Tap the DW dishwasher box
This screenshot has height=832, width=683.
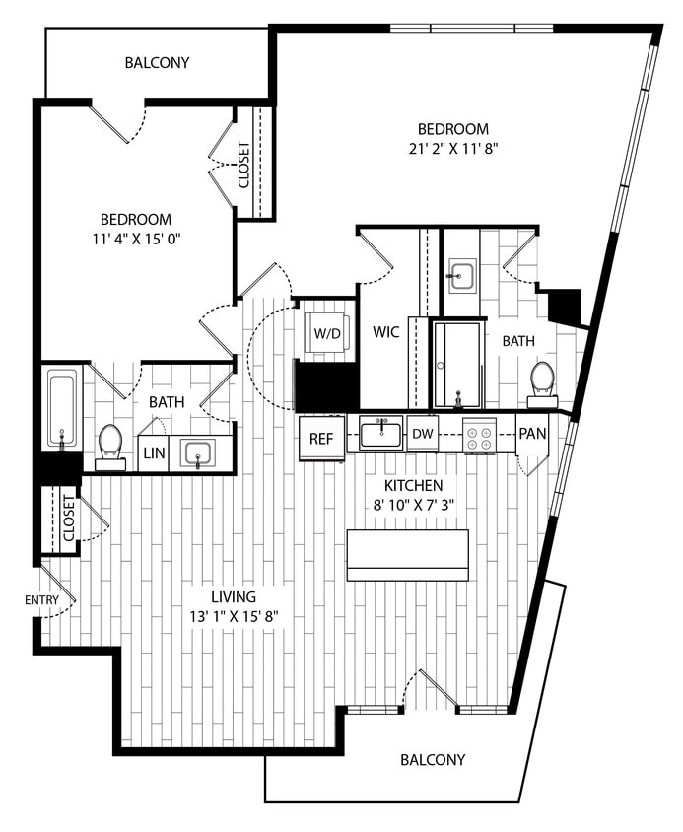click(423, 434)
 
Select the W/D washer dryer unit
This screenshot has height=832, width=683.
click(325, 332)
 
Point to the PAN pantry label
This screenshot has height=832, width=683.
click(533, 434)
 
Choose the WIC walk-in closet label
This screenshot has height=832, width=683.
click(386, 332)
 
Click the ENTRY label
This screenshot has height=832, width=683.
click(42, 599)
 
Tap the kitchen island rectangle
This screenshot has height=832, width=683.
click(407, 555)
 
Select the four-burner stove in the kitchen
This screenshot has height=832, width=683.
click(479, 435)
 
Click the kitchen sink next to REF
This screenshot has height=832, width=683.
click(380, 433)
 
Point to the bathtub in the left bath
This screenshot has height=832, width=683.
click(61, 408)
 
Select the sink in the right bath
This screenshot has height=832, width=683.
click(460, 275)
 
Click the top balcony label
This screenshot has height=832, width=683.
click(157, 63)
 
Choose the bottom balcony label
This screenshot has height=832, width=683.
click(433, 760)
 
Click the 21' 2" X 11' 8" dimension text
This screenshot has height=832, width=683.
click(453, 150)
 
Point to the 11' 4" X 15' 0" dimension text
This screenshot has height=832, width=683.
click(136, 240)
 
